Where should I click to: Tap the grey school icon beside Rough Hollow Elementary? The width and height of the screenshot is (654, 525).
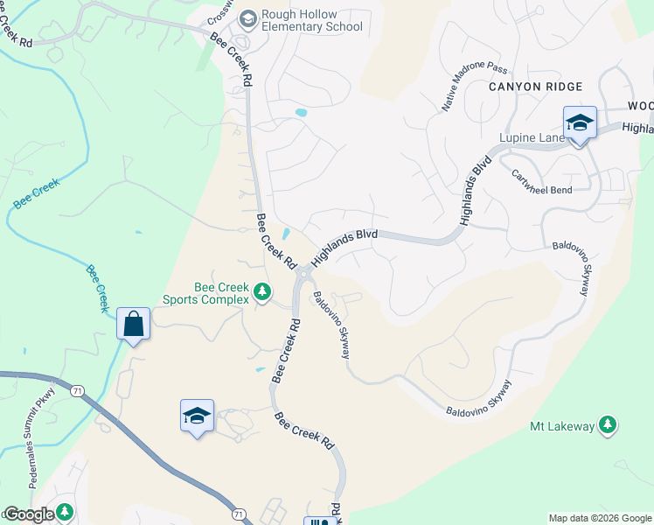(247, 18)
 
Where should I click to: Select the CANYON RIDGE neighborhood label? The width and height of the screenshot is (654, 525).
(535, 87)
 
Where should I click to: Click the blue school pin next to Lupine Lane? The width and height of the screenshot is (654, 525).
(579, 123)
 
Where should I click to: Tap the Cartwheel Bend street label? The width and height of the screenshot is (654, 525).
(543, 181)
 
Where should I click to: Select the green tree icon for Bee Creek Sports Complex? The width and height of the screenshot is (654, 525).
(261, 290)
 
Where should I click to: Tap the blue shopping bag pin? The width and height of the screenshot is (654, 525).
(133, 324)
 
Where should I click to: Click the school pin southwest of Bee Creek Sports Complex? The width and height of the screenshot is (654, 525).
(197, 416)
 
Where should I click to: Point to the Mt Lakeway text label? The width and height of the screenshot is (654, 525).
(562, 426)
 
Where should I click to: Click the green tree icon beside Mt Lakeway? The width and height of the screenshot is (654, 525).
(608, 426)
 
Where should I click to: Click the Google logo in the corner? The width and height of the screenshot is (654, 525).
(28, 514)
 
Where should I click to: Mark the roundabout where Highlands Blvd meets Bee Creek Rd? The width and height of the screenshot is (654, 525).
(304, 276)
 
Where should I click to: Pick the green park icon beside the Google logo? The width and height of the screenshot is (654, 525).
(64, 511)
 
